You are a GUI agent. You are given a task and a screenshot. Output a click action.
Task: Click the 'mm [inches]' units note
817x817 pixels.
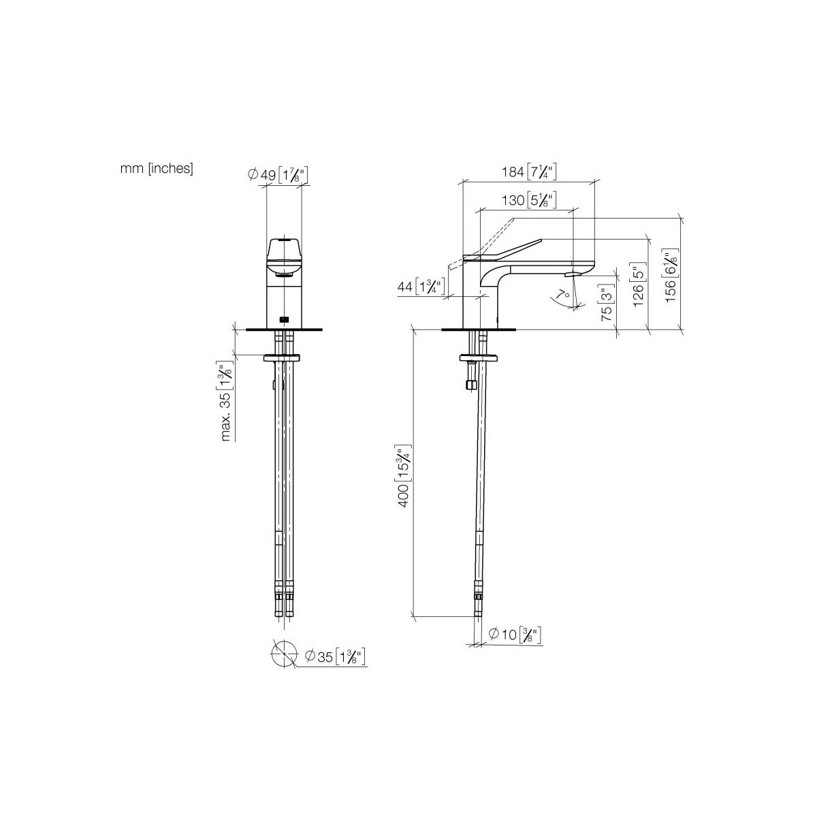click(157, 169)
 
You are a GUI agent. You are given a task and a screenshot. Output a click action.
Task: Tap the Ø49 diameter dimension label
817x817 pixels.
click(278, 175)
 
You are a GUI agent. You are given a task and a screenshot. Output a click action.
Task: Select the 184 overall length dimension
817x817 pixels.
click(529, 172)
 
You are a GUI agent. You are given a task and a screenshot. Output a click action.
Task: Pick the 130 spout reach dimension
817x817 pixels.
click(529, 199)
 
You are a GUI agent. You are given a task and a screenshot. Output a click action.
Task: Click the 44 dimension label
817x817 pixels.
click(421, 287)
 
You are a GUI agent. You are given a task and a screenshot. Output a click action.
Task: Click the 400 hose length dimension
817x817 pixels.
click(403, 475)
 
